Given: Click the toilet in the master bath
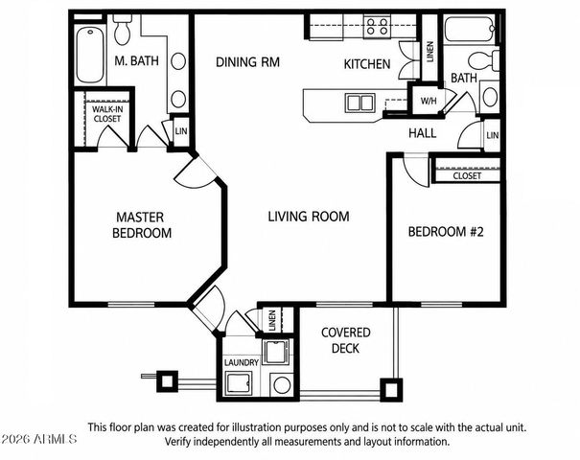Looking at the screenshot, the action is (123, 29).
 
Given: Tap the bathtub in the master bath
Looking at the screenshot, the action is (90, 54).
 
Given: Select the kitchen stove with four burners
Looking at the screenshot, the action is (377, 26).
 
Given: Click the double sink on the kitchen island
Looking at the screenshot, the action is (360, 103).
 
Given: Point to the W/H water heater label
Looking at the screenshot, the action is (429, 101).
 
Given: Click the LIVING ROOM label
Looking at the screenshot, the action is (309, 217).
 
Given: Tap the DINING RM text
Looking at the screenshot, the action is (247, 61).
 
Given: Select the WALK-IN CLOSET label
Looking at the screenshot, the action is (107, 114).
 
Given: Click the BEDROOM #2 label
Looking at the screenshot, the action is (446, 232).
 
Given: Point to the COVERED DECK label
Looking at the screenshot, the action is (345, 340).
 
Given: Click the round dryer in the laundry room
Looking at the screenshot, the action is (282, 385).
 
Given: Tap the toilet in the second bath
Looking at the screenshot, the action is (484, 60).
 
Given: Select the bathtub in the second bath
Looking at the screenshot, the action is (470, 29).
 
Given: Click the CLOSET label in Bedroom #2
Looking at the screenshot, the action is (467, 176).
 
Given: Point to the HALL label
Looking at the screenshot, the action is (423, 133).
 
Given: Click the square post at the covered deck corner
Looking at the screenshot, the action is (391, 390).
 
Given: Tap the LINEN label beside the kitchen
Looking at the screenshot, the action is (429, 52).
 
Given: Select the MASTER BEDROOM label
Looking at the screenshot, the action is (142, 225).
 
